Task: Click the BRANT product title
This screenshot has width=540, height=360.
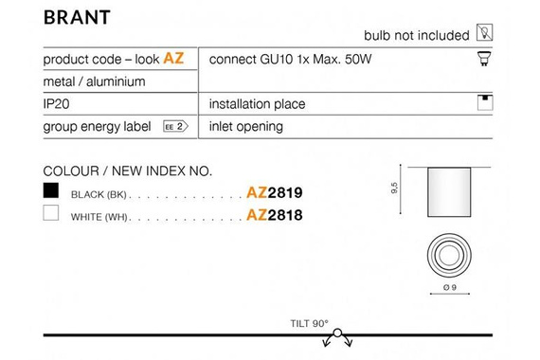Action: click(77, 17)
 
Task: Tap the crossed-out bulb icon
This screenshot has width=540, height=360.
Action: click(484, 32)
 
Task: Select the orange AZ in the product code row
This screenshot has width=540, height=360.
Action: click(173, 58)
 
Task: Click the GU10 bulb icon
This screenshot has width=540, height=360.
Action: click(484, 59)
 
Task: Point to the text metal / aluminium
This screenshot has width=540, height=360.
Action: click(94, 81)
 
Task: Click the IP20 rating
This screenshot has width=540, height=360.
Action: click(56, 103)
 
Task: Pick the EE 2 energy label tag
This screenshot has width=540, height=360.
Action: click(175, 126)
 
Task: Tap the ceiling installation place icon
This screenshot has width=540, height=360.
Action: click(485, 102)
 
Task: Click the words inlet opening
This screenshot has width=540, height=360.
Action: click(246, 126)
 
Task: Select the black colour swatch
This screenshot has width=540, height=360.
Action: click(51, 190)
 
